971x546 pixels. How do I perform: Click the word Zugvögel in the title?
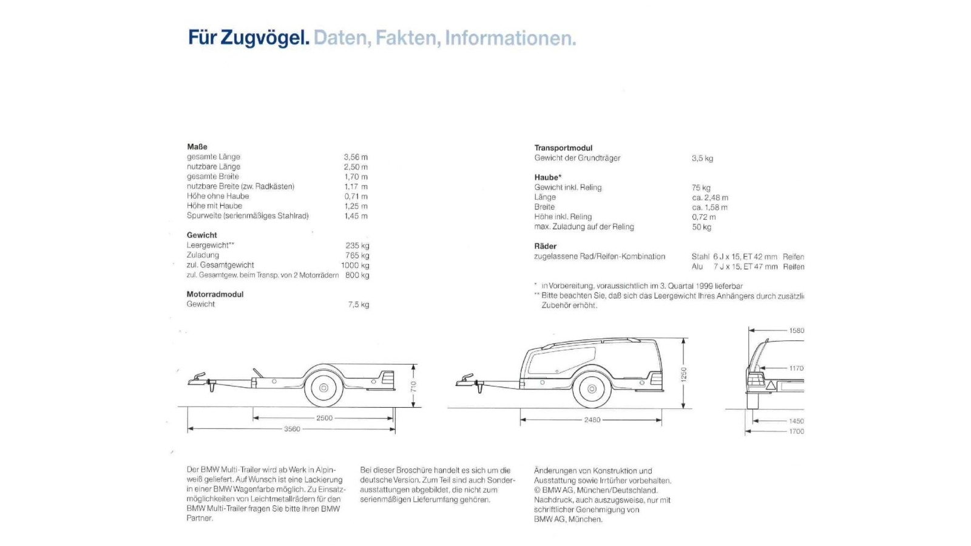265,38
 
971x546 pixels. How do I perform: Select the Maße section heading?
197,147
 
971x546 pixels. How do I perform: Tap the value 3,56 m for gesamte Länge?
356,157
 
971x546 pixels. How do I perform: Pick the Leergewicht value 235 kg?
357,246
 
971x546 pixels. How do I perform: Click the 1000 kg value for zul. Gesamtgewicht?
355,265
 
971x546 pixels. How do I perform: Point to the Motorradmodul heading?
215,294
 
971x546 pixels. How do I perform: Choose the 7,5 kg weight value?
359,305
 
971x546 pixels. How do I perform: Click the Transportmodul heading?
563,148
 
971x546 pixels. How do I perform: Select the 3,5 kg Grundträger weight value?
702,158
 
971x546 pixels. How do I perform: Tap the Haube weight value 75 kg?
701,188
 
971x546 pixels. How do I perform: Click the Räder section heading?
545,246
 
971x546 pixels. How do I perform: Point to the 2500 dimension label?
325,418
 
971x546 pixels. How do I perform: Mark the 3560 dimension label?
292,429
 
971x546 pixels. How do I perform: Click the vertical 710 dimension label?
414,386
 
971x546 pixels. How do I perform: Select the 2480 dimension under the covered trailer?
592,420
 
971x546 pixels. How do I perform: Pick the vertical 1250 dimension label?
684,374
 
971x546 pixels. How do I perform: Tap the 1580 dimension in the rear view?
796,331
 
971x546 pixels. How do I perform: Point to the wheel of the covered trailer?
591,389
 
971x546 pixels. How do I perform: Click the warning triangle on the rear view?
770,385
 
